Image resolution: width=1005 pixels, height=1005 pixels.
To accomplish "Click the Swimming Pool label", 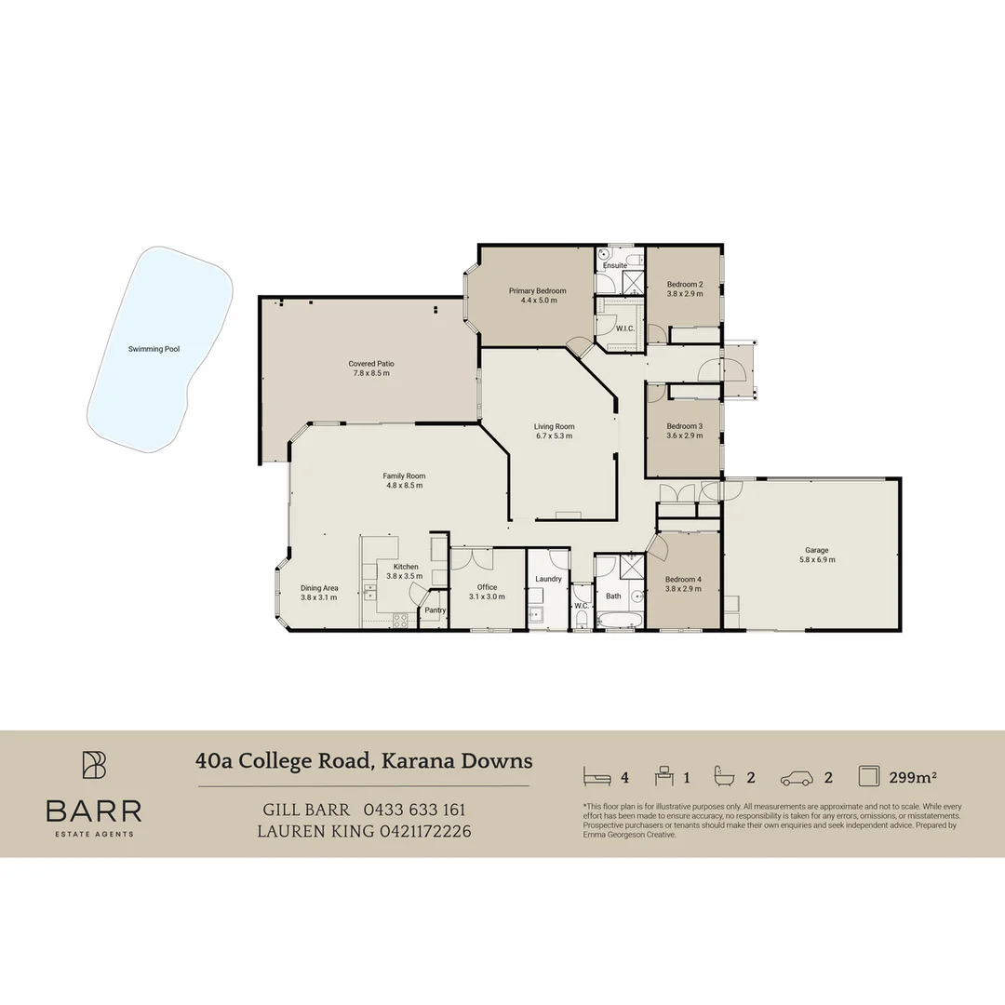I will (x=154, y=349).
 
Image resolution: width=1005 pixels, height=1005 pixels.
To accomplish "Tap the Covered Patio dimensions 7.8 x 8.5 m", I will (x=368, y=373).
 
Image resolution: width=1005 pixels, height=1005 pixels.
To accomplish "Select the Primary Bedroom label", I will (x=537, y=291).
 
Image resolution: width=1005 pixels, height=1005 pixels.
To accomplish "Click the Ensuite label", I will (x=615, y=266).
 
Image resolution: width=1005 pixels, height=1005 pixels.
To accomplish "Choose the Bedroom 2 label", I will (x=684, y=284).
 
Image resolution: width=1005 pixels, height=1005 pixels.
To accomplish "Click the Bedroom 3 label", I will (x=684, y=426).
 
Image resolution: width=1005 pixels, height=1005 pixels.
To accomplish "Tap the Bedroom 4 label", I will (x=683, y=579).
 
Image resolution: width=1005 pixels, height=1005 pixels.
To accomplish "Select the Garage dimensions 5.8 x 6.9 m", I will (x=816, y=559).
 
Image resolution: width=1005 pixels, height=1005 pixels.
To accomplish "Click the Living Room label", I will (x=554, y=426).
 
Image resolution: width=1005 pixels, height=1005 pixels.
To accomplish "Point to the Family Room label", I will (x=405, y=476).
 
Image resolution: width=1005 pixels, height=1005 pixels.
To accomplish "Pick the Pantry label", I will (x=435, y=610).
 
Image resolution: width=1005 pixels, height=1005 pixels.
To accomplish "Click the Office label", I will (x=487, y=587).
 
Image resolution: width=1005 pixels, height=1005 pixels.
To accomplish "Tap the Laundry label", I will (x=548, y=579).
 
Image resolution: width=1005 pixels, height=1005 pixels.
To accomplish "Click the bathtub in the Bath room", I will (x=615, y=619).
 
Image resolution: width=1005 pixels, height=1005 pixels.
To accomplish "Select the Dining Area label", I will (x=319, y=588).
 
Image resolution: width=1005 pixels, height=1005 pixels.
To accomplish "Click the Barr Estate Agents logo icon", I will (x=94, y=765).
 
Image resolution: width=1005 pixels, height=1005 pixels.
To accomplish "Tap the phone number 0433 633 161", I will (x=414, y=810).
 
